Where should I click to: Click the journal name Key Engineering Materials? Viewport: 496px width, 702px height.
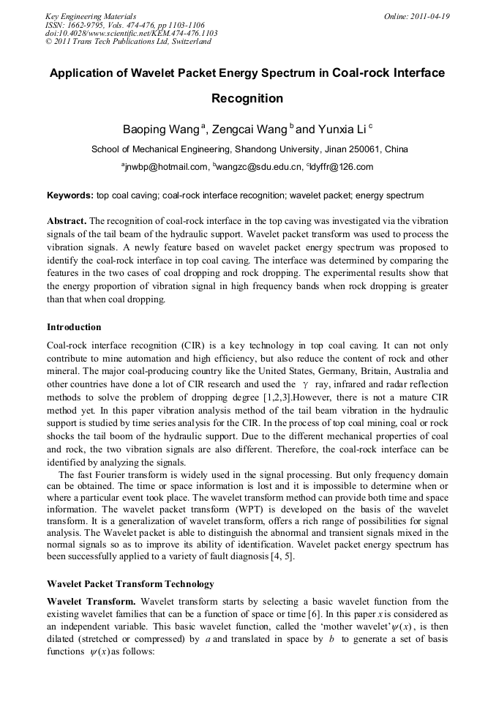click(91, 15)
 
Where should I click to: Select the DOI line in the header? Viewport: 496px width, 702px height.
click(132, 33)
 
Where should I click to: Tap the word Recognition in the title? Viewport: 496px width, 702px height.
click(247, 98)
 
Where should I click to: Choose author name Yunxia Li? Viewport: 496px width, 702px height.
click(342, 130)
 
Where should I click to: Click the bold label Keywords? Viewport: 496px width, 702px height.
click(70, 196)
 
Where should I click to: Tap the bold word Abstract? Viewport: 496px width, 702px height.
click(67, 221)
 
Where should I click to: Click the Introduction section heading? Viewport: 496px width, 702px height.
click(74, 327)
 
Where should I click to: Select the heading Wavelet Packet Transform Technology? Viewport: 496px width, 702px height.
click(130, 584)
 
